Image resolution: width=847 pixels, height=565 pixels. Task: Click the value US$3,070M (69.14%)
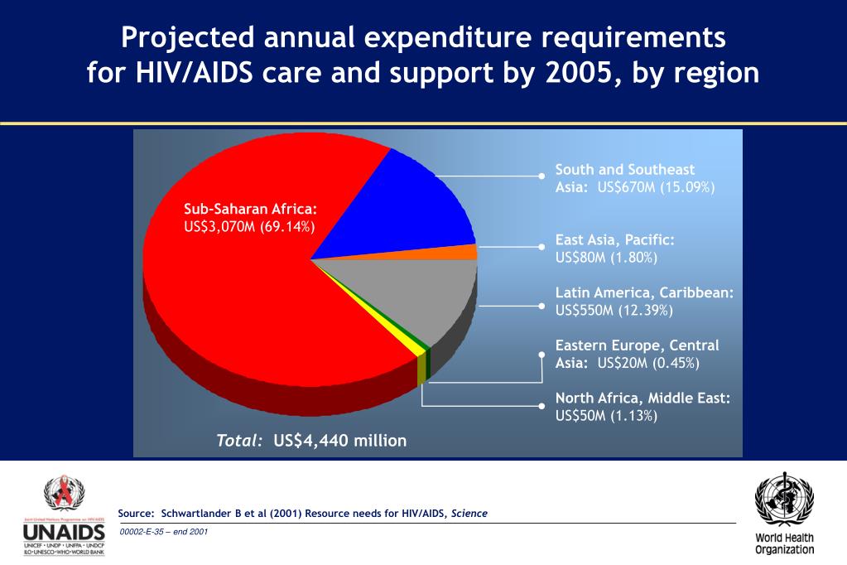[x=249, y=226]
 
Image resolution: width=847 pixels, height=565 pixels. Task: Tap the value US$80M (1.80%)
[x=606, y=258]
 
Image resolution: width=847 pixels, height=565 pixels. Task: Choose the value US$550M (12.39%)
[x=614, y=311]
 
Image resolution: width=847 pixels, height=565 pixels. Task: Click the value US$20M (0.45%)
[x=648, y=363]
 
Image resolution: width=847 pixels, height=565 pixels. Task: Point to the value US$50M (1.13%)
[x=606, y=416]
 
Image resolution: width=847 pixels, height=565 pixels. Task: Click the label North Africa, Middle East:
[x=642, y=398]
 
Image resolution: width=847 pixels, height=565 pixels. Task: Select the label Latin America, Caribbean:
[x=644, y=292]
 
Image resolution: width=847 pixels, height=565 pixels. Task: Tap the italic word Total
[x=239, y=441]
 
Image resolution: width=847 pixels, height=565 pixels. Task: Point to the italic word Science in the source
[x=469, y=514]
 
